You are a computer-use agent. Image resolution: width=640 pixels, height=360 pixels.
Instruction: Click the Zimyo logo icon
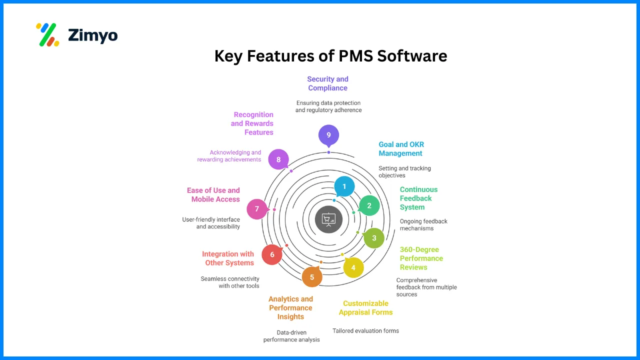47,35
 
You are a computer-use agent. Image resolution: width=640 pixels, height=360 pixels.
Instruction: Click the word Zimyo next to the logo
92,35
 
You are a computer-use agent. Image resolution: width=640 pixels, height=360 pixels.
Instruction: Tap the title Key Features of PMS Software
330,55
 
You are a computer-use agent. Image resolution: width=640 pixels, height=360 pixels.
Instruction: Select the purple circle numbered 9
328,135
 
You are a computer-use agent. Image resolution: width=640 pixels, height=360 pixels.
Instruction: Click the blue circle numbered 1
344,186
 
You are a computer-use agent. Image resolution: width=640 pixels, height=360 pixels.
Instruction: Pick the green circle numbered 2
369,205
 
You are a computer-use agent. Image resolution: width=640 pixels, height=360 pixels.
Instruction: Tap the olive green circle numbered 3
374,238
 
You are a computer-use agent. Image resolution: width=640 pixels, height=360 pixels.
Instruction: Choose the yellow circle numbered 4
353,267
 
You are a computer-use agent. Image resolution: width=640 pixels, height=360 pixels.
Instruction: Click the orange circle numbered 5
312,277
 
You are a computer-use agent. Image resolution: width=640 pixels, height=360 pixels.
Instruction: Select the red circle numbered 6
272,254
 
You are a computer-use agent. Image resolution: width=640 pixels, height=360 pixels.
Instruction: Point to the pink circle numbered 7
257,209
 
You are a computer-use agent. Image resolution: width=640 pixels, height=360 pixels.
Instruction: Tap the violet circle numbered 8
278,159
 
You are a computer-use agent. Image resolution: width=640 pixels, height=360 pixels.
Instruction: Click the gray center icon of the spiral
328,219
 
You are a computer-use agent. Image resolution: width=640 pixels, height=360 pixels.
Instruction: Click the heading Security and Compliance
327,83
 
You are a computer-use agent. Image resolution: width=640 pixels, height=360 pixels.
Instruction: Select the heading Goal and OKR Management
401,149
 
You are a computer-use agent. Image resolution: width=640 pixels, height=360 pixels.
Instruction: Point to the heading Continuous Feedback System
418,198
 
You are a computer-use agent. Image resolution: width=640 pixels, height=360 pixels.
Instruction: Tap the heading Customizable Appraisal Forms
365,307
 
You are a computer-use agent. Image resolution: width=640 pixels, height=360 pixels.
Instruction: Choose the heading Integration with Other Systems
228,258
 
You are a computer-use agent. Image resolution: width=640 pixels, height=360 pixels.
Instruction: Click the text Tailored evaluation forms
366,330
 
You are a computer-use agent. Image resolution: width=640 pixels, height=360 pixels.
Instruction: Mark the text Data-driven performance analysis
291,335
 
